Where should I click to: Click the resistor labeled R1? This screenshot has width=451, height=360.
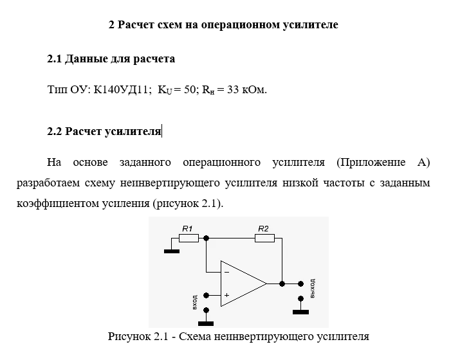(x=189, y=238)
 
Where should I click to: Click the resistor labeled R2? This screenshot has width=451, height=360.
(x=264, y=238)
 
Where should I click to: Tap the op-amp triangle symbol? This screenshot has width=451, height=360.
(x=242, y=283)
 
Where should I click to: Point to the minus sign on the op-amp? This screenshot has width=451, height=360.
(x=226, y=272)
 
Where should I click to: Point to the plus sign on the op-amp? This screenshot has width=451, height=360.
(x=226, y=295)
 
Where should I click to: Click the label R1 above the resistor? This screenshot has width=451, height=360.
(x=187, y=228)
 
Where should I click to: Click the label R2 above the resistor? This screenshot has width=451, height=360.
(x=263, y=228)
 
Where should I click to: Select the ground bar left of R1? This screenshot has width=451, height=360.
(x=171, y=251)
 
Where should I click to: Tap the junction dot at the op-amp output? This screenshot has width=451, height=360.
(x=282, y=283)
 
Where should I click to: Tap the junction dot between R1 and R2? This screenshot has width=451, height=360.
(x=206, y=238)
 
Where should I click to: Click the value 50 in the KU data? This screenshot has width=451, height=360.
(x=189, y=90)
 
